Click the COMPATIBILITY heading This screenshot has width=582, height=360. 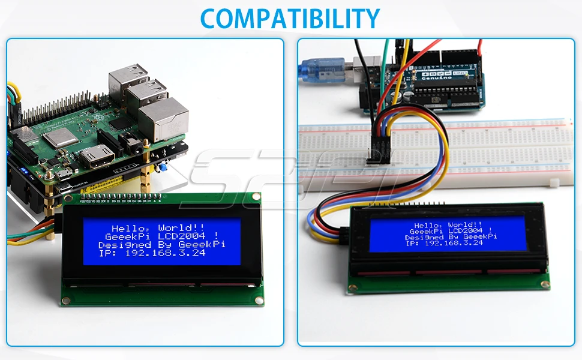290,18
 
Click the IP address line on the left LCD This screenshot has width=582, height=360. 152,253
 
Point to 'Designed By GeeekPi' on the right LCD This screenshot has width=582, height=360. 451,237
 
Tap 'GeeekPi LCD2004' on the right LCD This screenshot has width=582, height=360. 451,231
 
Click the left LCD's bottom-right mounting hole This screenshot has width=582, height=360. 259,300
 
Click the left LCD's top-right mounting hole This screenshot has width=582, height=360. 256,196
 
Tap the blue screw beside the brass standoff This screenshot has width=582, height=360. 163,169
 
